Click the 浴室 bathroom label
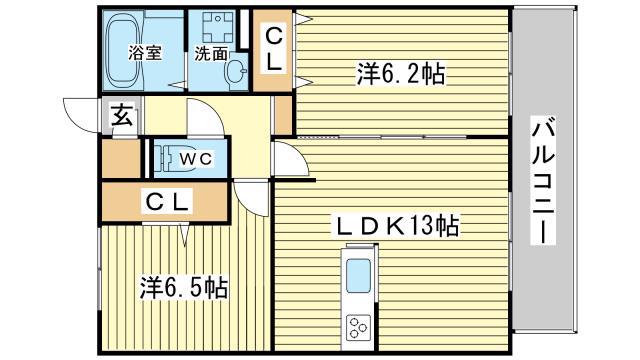145,53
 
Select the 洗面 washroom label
211,53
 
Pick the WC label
196,159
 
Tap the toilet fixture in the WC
171,157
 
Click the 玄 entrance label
122,115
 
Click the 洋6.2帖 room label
401,73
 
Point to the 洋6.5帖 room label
184,287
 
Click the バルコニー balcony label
544,180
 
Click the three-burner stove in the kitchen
359,327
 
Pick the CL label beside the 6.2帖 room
273,50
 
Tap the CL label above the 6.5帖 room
167,202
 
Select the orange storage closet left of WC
121,158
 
